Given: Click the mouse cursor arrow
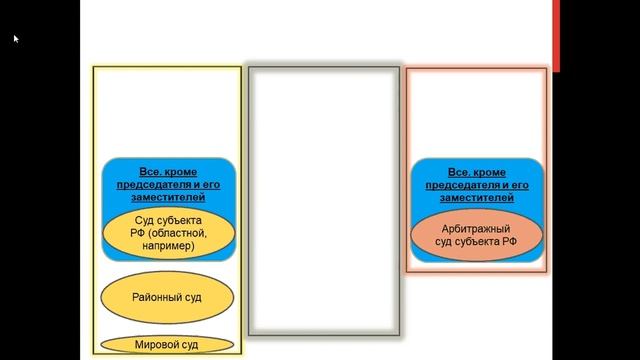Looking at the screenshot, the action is point(16,39).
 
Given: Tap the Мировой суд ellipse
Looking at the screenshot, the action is point(167,344).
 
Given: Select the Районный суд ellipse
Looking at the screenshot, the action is point(167,297).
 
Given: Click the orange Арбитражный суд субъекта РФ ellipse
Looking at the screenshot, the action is point(477,235).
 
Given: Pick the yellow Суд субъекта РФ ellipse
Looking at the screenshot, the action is point(169,233).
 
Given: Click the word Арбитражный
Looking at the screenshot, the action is point(476,229).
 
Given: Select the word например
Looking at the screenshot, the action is point(168,246).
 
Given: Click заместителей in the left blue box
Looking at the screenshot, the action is point(168,197).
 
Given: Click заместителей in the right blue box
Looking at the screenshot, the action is point(477,198).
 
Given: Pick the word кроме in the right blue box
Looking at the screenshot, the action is point(490,172).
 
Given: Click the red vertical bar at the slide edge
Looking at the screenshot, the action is point(556,36).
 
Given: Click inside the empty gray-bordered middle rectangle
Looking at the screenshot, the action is point(324,201).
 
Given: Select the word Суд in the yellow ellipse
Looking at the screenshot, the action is point(144,220).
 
